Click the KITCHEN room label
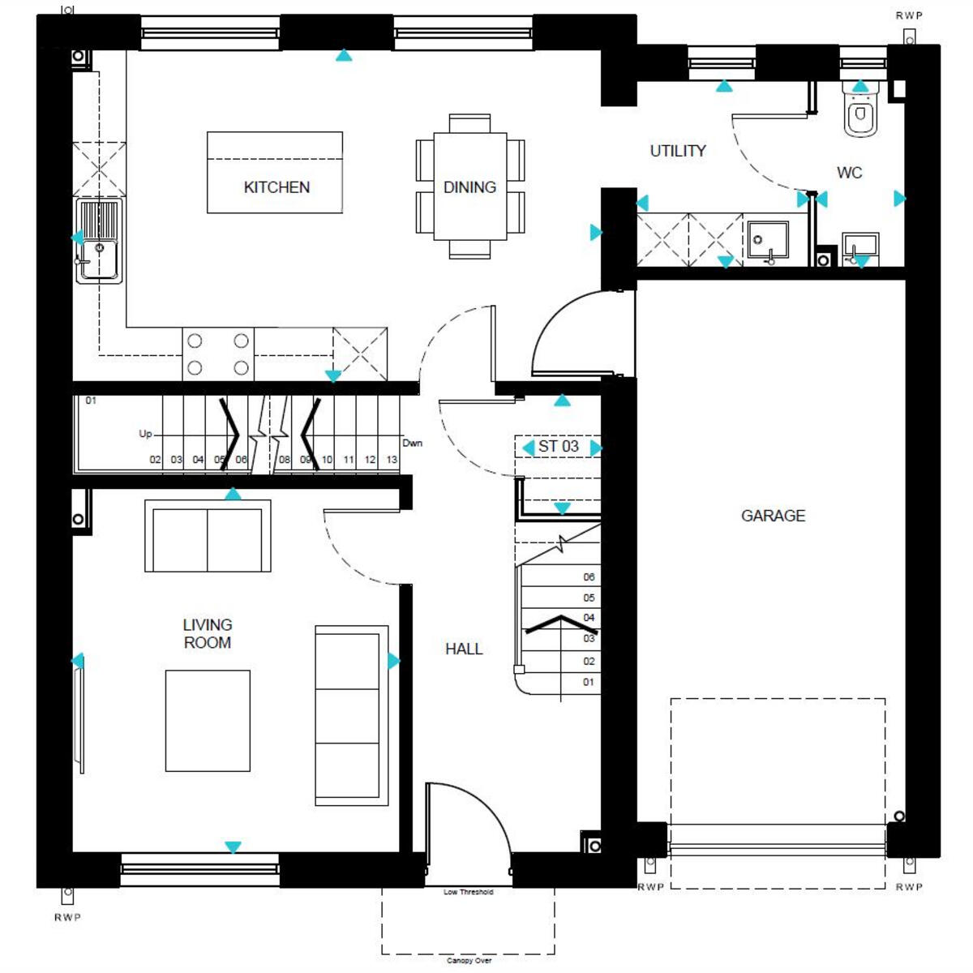point(276,187)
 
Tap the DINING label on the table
point(469,187)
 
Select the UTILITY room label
point(678,151)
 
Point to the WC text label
point(849,173)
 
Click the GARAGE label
point(773,516)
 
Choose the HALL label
point(464,649)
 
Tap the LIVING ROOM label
point(208,633)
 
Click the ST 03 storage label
point(559,447)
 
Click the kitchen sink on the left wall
point(99,241)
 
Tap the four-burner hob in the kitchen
point(217,354)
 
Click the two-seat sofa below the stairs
point(208,537)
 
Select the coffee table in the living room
point(208,721)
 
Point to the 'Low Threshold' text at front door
point(469,892)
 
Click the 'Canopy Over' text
point(469,961)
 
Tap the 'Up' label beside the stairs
point(145,434)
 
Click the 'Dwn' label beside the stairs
point(412,444)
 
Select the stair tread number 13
point(392,460)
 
